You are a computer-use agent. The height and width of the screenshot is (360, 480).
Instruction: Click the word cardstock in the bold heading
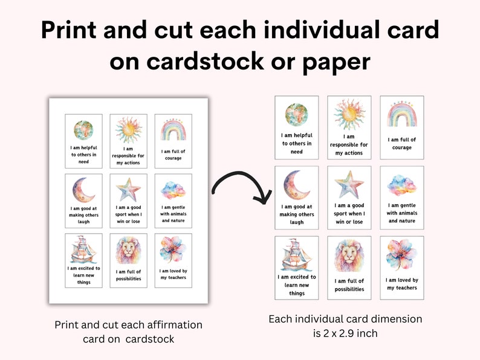coord(205,61)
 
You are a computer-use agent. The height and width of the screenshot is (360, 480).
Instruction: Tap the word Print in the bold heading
coord(68,30)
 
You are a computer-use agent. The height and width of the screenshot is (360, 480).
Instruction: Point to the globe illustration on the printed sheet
coord(83,130)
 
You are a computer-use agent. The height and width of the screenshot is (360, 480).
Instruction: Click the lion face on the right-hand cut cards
coord(349,256)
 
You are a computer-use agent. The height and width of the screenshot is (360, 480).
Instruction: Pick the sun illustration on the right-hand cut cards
coord(349,114)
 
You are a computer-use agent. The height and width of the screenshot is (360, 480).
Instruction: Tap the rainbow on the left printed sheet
coord(174,129)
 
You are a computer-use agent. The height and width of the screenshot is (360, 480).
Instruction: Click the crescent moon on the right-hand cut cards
coord(296,184)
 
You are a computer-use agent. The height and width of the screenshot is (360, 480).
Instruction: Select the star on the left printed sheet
coord(128,189)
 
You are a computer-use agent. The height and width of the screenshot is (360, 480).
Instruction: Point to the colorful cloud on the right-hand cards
coord(401,185)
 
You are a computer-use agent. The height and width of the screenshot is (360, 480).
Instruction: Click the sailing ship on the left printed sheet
coord(83,249)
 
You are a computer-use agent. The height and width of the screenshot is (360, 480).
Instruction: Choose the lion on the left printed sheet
coord(129,250)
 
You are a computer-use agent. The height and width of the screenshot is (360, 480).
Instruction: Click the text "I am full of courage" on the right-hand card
coord(401,143)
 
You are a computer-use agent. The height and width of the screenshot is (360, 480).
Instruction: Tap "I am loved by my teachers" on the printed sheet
coord(174,274)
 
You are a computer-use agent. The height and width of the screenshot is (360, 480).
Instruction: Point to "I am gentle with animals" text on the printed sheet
coord(174,210)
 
